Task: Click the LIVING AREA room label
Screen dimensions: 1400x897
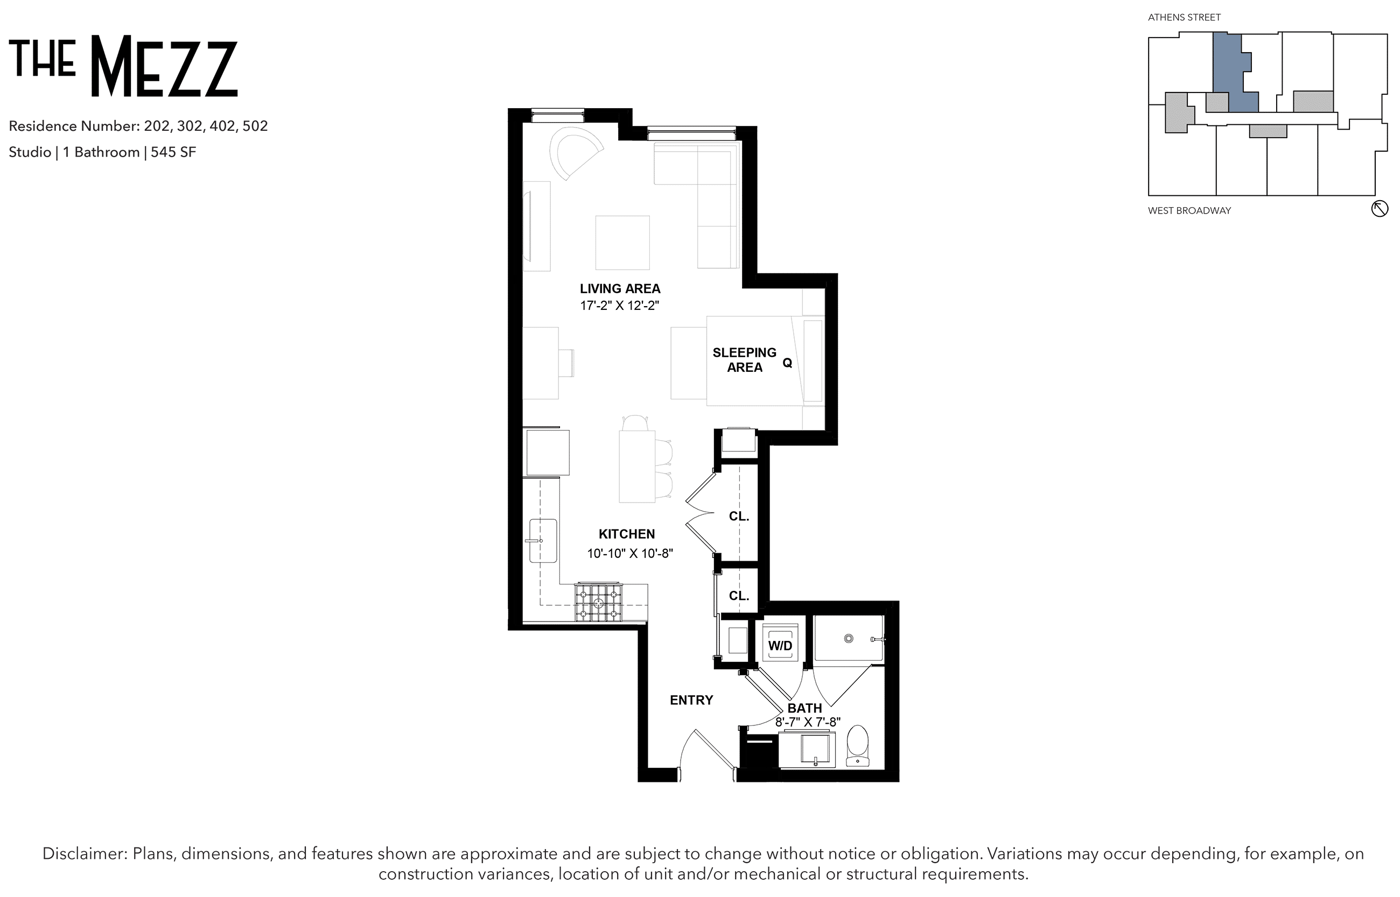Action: tap(620, 288)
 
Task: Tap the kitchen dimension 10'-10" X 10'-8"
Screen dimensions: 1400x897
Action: tap(629, 553)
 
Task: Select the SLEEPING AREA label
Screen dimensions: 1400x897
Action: tap(744, 360)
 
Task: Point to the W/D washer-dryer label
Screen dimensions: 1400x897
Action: tap(780, 645)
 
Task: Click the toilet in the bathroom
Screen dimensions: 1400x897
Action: tap(857, 746)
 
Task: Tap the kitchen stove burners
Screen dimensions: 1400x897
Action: tap(599, 603)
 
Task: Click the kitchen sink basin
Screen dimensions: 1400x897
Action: tap(543, 541)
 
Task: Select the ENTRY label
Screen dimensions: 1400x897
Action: tap(691, 700)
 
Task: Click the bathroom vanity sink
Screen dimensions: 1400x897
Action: tap(815, 749)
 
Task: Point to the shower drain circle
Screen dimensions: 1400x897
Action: tap(849, 638)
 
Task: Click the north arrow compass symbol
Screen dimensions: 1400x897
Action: tap(1380, 209)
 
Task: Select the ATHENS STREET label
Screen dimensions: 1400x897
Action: tap(1185, 17)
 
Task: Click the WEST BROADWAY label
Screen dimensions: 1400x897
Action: tap(1189, 211)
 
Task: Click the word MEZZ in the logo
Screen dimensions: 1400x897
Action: tap(164, 66)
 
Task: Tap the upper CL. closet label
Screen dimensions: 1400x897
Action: tap(739, 517)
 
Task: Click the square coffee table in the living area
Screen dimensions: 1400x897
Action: tap(622, 242)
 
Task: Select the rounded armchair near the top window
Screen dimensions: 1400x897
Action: tap(574, 153)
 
